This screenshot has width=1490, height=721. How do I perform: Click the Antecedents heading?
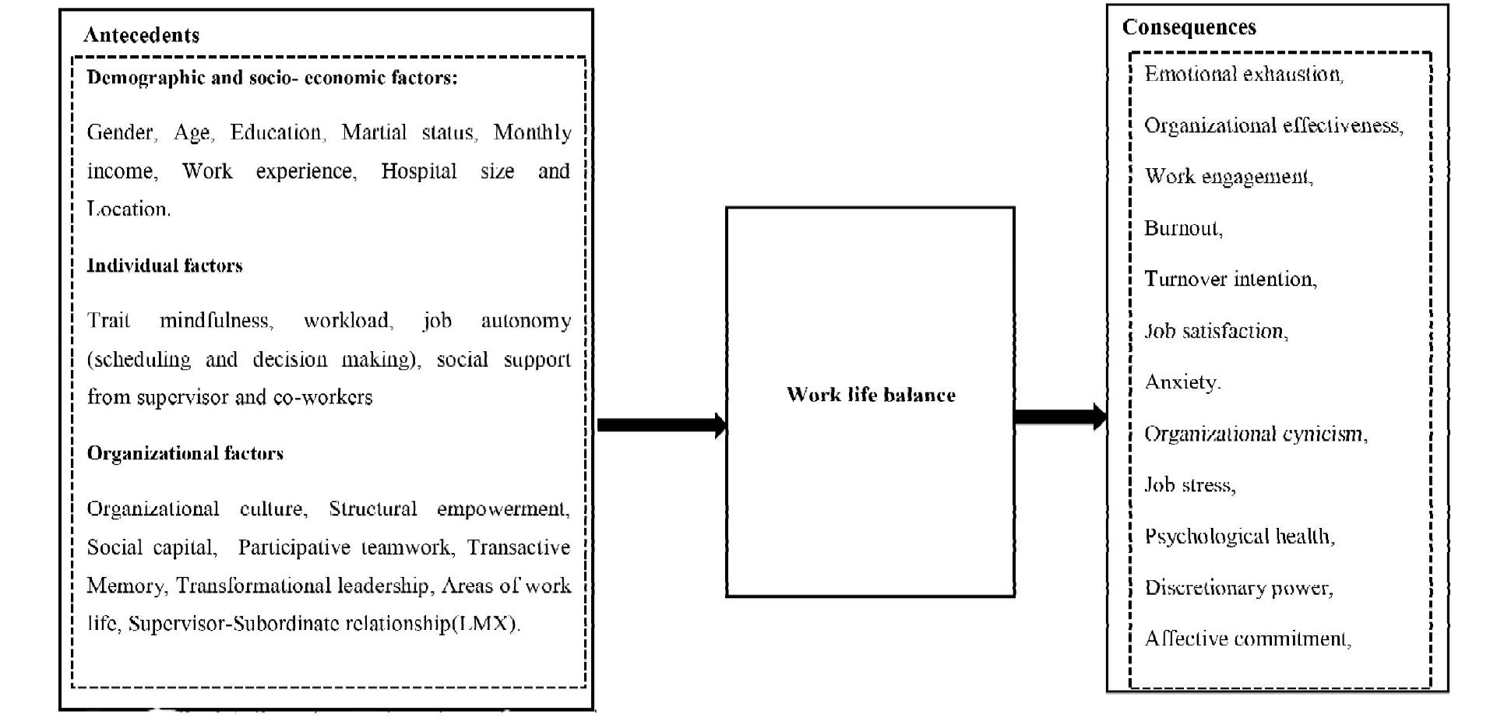point(141,35)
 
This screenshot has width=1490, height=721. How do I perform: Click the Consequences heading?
point(1189,27)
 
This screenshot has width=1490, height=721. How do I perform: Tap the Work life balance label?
point(870,395)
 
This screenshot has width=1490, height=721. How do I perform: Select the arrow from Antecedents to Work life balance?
point(660,425)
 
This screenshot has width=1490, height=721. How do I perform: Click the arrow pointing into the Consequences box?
point(1059,417)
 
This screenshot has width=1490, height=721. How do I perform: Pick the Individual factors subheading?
point(164,266)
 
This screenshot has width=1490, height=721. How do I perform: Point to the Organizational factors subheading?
point(185,453)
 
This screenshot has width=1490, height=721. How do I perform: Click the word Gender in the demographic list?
point(120,132)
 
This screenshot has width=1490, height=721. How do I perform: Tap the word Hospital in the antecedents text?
point(418,171)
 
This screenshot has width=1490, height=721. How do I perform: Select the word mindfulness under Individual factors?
point(215,321)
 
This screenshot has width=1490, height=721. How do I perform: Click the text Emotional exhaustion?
point(1243,74)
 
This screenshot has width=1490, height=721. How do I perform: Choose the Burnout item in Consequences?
point(1182,228)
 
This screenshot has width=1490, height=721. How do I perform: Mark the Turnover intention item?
point(1230,279)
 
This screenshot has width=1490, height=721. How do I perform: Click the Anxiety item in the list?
point(1182,382)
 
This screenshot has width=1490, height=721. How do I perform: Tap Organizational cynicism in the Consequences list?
point(1255,434)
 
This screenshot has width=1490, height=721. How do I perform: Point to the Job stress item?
point(1189,485)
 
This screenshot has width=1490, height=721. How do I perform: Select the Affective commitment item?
point(1247,638)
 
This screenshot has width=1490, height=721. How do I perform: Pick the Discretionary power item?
point(1238,587)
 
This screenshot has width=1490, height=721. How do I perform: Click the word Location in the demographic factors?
point(127,209)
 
